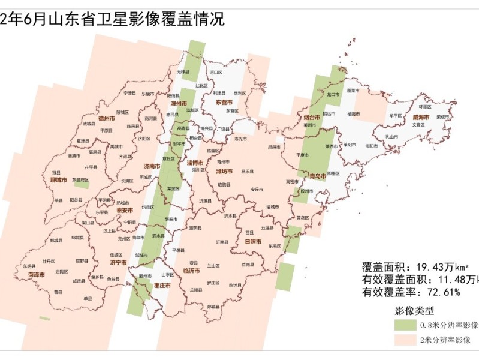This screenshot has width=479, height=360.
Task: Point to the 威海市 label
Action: [x=421, y=117]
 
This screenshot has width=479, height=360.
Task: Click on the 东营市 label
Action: [x=226, y=102]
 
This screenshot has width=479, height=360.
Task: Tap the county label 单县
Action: [x=88, y=298]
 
